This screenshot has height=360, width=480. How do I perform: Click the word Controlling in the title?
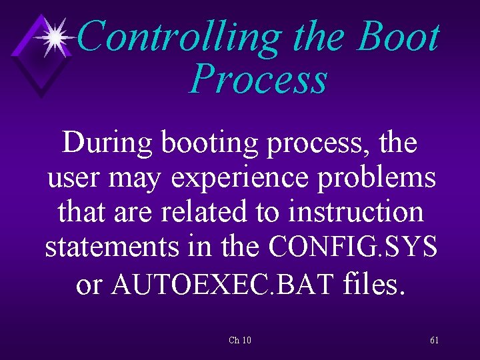coord(180,37)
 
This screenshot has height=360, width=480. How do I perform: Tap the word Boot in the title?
coord(398,37)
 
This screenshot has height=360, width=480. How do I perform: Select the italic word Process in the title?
coord(258,79)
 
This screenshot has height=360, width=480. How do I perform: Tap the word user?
coord(72,178)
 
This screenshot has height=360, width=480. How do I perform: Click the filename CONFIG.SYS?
coord(353,247)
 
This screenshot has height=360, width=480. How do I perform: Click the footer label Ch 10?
coord(239,341)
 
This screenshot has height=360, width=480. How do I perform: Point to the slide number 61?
coord(434,341)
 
